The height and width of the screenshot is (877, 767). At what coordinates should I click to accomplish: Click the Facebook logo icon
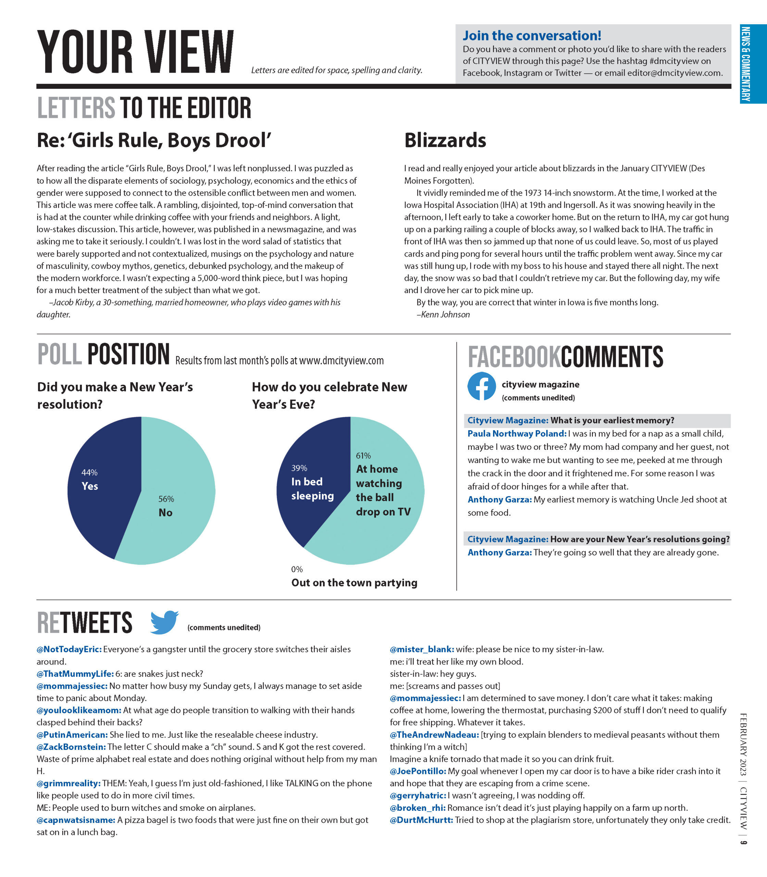481,386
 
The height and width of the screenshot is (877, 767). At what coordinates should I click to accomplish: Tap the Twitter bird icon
164,622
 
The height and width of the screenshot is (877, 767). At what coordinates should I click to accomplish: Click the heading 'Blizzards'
445,140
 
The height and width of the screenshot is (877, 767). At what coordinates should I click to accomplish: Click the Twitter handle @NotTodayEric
69,649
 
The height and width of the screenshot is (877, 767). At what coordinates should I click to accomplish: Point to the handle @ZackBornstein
71,746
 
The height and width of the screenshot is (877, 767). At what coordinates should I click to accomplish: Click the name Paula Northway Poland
517,433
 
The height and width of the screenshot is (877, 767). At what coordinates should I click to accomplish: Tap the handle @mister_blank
422,649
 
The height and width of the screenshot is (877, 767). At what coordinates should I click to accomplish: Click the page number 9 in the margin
743,842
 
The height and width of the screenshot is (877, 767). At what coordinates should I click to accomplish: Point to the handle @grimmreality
68,783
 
